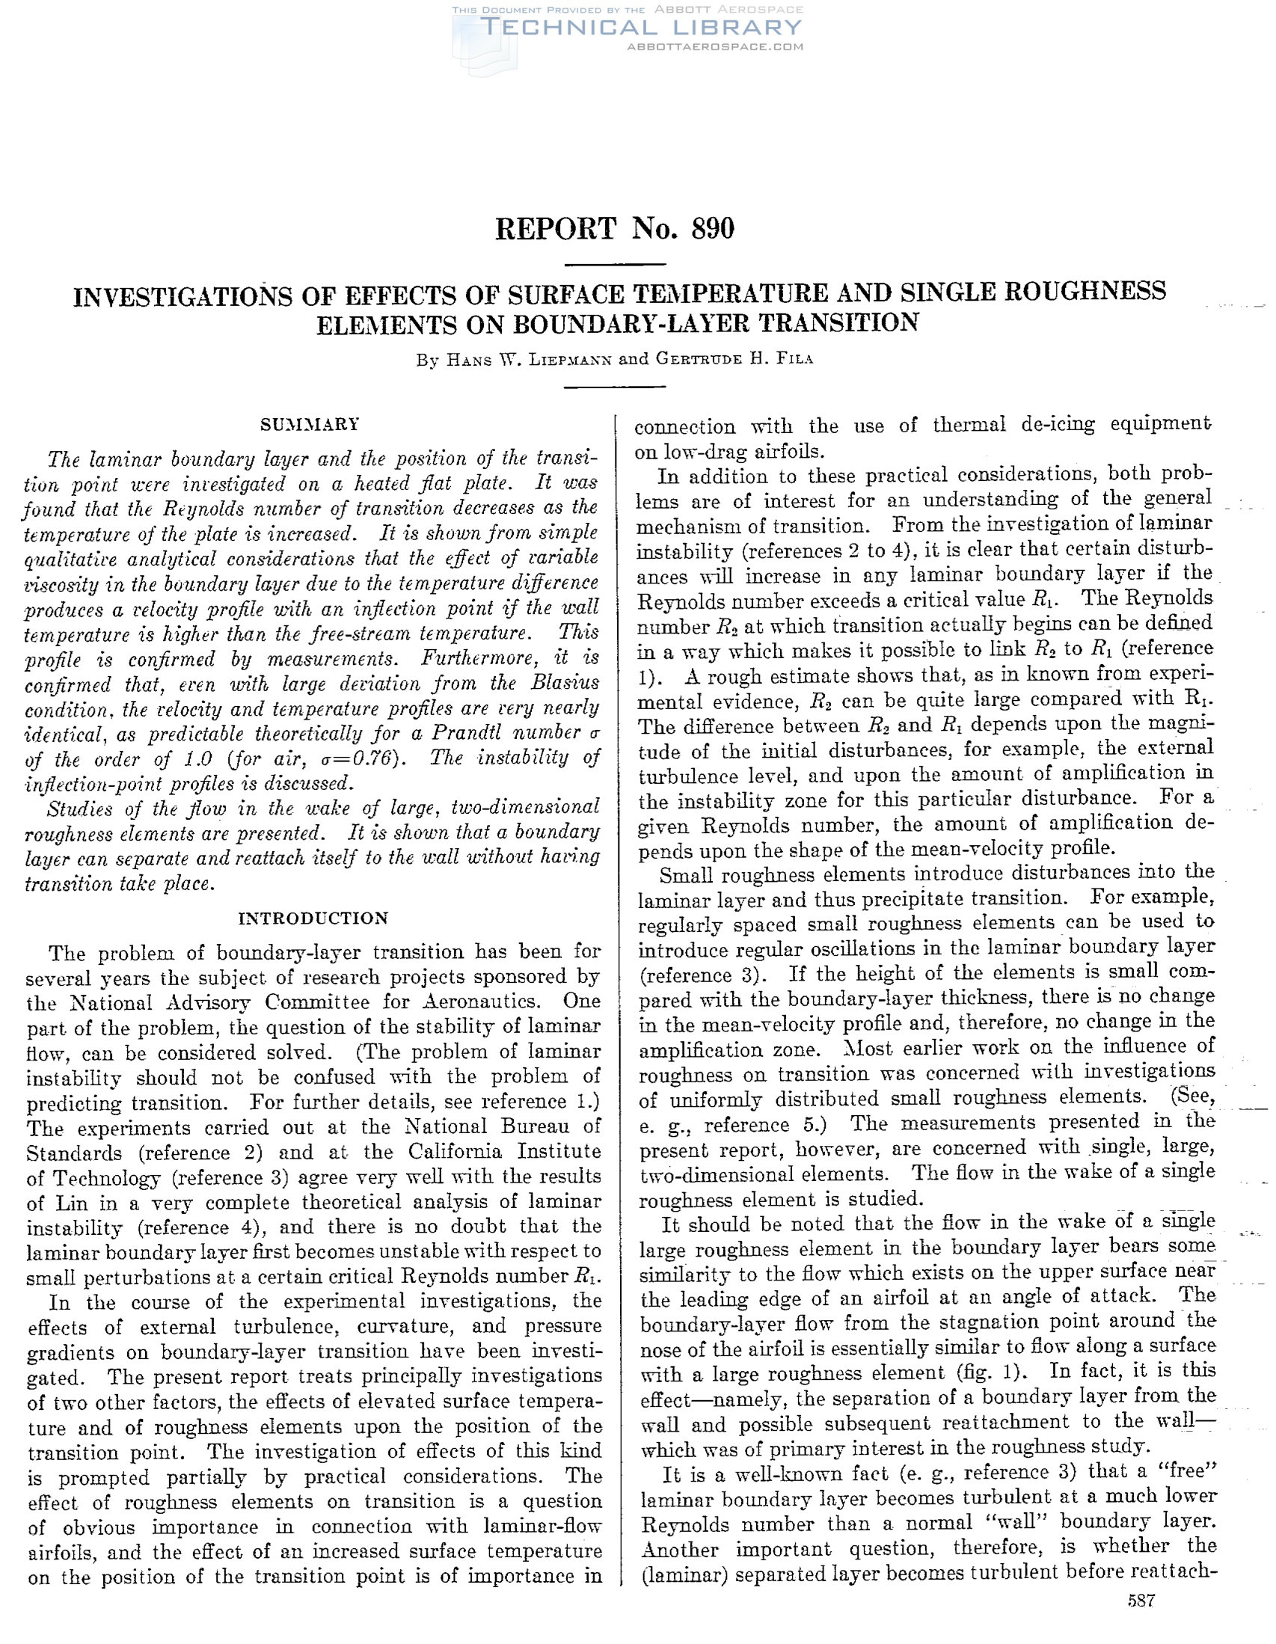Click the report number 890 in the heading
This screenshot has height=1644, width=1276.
click(x=711, y=228)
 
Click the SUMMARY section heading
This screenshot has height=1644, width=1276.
click(x=310, y=425)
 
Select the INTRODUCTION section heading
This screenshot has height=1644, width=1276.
click(x=313, y=918)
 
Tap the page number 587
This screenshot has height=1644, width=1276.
click(x=1141, y=1622)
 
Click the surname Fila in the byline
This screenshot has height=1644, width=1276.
click(x=796, y=358)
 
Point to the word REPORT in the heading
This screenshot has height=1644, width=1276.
click(x=556, y=228)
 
